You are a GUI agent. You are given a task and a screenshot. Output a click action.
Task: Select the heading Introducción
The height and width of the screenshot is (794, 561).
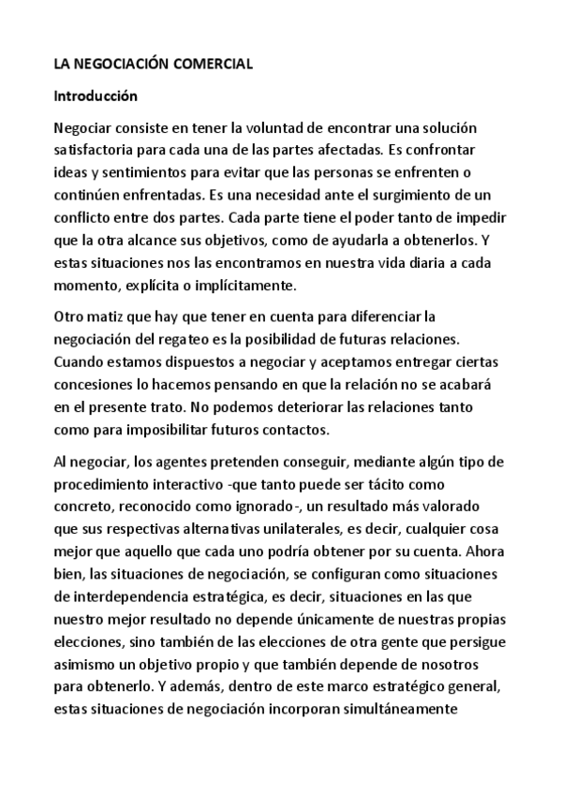[x=96, y=96]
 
